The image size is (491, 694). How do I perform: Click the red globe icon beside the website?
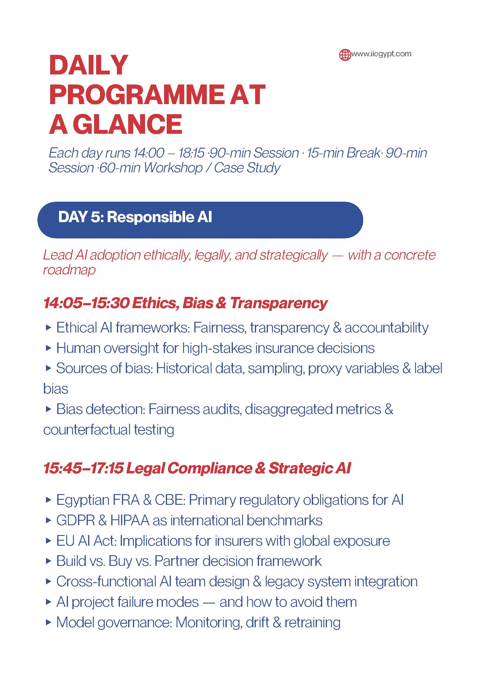345,55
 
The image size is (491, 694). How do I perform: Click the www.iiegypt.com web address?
381,54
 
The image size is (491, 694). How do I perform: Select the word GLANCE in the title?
127,124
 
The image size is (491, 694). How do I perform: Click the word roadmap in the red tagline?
69,270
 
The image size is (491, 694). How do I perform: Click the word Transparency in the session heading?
279,303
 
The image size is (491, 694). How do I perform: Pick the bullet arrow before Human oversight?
48,348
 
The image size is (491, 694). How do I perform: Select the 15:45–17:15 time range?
83,468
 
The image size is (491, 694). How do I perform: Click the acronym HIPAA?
130,520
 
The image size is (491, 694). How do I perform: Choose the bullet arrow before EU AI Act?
48,541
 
